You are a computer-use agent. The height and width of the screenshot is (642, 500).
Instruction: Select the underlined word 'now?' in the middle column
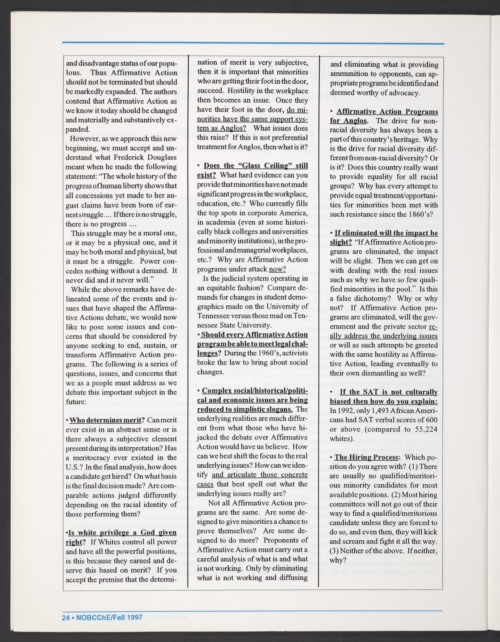click(x=277, y=269)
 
